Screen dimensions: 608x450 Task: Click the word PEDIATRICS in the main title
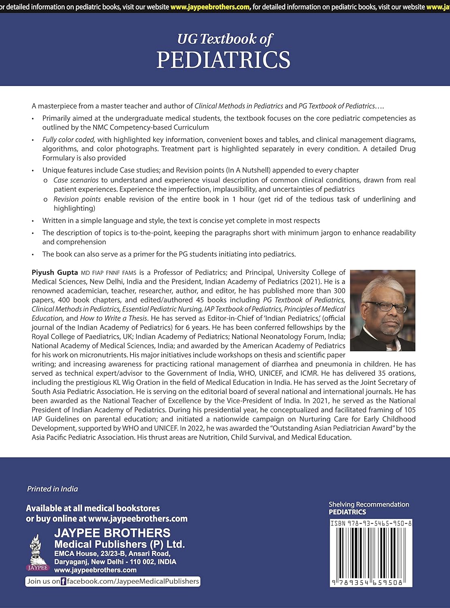[223, 60]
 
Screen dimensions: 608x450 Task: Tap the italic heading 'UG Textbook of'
[225, 39]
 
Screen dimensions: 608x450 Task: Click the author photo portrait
[382, 310]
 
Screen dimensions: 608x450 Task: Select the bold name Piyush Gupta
[55, 272]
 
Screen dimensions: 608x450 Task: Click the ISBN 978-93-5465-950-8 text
[371, 523]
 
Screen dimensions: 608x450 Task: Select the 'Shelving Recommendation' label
[369, 504]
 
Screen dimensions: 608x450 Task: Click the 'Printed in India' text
[52, 489]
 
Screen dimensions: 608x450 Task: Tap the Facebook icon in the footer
[63, 582]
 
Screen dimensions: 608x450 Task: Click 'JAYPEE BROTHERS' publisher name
[112, 533]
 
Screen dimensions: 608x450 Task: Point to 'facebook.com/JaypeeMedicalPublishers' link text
[133, 581]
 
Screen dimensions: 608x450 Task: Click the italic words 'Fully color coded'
[68, 139]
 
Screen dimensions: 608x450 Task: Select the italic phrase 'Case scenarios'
[76, 180]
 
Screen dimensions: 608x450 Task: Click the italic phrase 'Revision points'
[77, 199]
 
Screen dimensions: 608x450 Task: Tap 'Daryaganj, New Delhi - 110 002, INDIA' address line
[115, 562]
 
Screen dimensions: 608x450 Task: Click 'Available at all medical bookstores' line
[93, 508]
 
